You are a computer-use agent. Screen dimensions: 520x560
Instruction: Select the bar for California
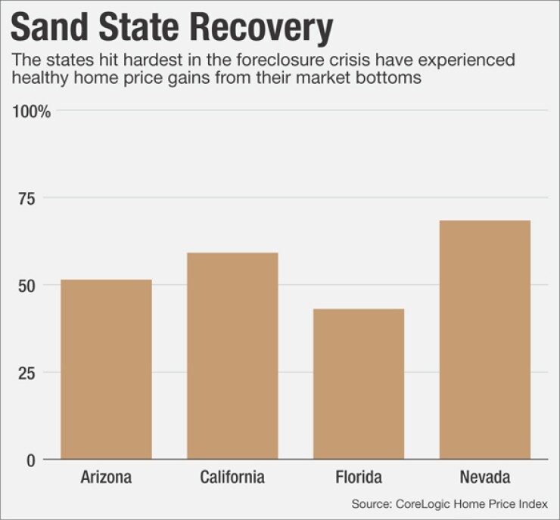pyautogui.click(x=232, y=355)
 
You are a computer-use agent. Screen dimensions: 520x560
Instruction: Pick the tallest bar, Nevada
pyautogui.click(x=484, y=339)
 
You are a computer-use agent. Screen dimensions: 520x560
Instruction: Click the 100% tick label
pyautogui.click(x=32, y=112)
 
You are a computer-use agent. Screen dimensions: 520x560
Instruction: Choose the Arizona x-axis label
pyautogui.click(x=106, y=478)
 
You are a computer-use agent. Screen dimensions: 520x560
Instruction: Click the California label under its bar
pyautogui.click(x=232, y=478)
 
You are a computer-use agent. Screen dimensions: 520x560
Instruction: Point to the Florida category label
pyautogui.click(x=359, y=478)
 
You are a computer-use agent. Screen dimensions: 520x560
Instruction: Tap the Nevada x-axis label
pyautogui.click(x=484, y=478)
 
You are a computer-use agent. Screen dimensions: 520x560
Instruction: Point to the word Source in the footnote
pyautogui.click(x=371, y=503)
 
